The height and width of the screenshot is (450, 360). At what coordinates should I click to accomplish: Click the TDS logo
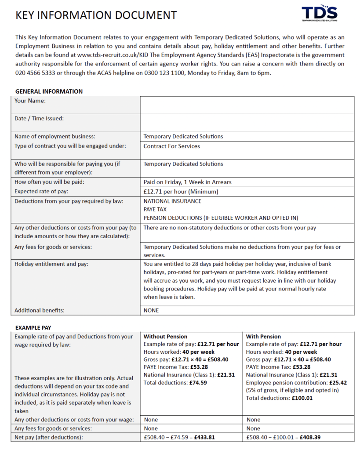tap(319, 14)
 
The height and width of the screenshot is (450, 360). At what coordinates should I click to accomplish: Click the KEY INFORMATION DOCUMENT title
tap(96, 15)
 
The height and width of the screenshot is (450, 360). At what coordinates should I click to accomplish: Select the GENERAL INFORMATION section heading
tap(49, 91)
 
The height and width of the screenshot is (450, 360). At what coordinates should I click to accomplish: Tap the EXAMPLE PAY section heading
tap(33, 328)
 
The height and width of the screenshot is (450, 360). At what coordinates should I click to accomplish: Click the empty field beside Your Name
tap(247, 105)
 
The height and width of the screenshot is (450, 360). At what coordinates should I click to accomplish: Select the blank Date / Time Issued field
tap(247, 123)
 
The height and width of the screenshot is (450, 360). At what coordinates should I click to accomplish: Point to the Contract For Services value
tap(171, 146)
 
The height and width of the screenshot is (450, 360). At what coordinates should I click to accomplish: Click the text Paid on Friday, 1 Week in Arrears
tap(187, 182)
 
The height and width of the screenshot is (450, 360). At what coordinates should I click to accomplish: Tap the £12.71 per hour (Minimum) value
tap(181, 192)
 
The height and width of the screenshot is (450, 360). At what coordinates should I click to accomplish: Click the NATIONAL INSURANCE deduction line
tap(172, 201)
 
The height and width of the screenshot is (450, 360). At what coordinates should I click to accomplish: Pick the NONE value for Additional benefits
tap(151, 310)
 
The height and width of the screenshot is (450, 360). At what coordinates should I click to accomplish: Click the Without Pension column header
tap(165, 337)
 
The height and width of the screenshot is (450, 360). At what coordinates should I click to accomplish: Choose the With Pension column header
tap(263, 337)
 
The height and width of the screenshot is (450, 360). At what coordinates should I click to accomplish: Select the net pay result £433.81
tap(204, 438)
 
